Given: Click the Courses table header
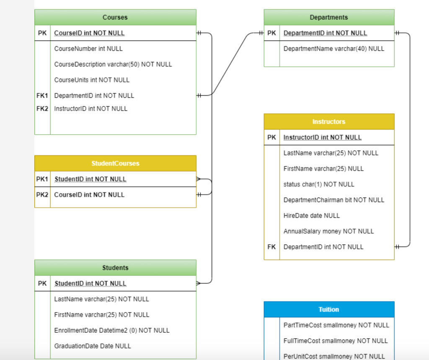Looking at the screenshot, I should click(115, 17).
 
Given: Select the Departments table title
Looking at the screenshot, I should click(329, 17).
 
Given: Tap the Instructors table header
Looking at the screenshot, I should click(329, 122).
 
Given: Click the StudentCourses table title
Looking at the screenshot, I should click(115, 163).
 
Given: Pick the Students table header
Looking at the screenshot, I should click(115, 268).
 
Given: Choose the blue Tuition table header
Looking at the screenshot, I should click(329, 309).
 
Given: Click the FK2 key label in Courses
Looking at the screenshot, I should click(42, 109).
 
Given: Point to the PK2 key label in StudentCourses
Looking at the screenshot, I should click(42, 194).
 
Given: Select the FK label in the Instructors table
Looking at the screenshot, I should click(271, 247).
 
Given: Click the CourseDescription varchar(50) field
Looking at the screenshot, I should click(113, 64).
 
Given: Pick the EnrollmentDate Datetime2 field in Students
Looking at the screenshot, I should click(112, 330).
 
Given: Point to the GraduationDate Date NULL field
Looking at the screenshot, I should click(93, 346).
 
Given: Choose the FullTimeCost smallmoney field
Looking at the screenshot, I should click(336, 341).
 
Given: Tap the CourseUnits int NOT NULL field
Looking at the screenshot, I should click(92, 80).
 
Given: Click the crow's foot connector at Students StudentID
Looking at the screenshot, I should click(199, 283).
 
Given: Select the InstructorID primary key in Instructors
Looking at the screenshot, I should click(323, 137).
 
